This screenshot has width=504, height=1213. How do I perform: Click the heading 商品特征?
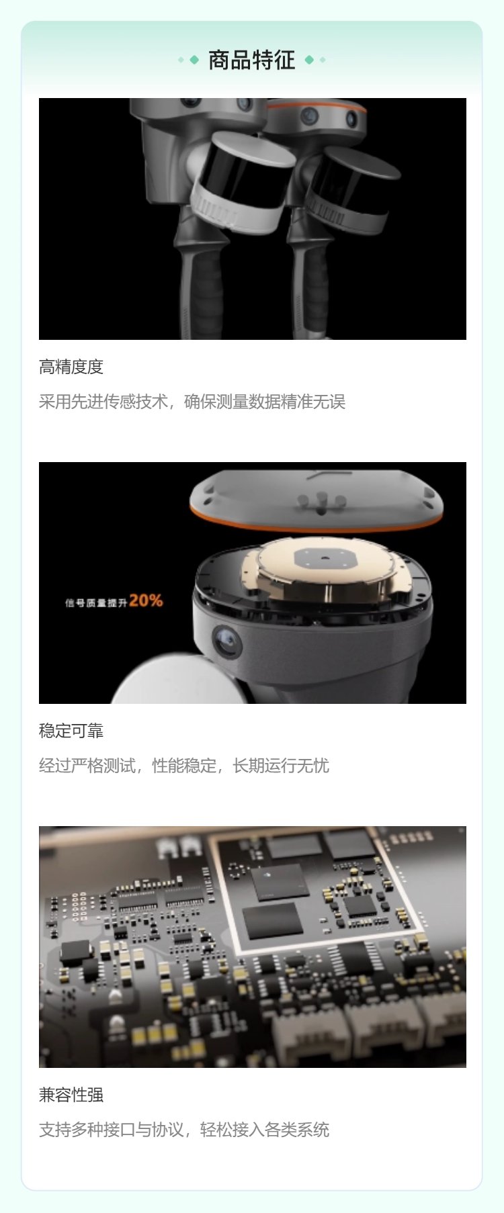252,60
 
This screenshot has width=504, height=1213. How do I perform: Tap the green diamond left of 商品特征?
194,60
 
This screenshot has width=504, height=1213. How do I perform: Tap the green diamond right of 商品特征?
309,60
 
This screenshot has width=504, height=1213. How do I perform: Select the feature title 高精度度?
71,367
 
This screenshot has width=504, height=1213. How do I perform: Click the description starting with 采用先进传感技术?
192,402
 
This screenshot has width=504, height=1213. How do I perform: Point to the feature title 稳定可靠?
71,731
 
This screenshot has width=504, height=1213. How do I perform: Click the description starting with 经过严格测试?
184,766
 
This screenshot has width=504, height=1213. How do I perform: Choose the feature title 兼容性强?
71,1095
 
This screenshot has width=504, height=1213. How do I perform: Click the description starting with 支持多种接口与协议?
184,1130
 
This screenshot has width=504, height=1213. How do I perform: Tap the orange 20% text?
146,600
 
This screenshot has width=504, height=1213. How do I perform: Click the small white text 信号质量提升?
96,602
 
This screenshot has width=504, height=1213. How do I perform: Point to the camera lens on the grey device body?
226,643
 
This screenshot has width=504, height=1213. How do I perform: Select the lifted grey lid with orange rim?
317,500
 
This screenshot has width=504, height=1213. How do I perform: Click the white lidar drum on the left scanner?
242,181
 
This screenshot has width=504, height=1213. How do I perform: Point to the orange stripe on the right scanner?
316,106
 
